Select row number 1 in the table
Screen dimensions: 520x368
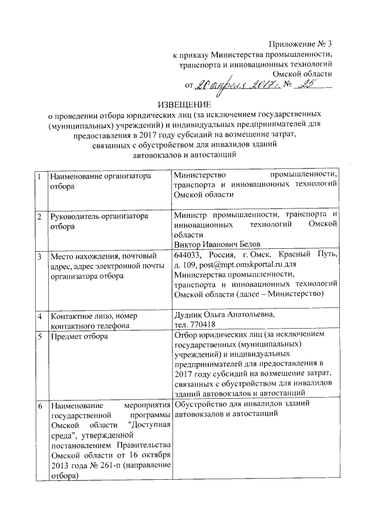coord(39,176)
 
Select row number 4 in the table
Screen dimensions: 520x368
coord(39,317)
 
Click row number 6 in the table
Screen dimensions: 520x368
coord(39,406)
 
